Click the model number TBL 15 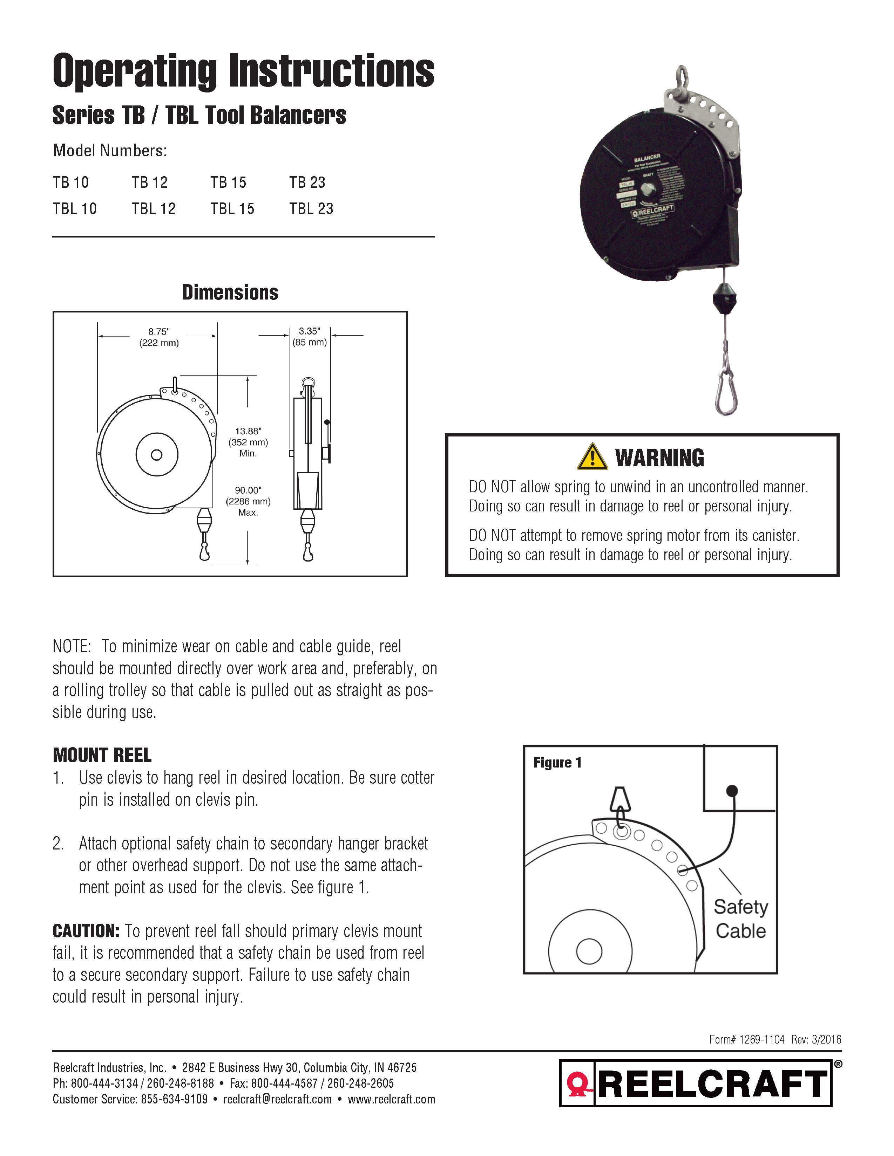click(x=232, y=208)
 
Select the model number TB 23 click(x=307, y=183)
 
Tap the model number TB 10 click(x=70, y=183)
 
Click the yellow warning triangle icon click(x=592, y=457)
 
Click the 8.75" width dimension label click(x=159, y=332)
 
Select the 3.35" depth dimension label click(x=309, y=331)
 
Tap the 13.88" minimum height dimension click(x=248, y=431)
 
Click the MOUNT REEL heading click(x=102, y=755)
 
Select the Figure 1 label click(x=557, y=763)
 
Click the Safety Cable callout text click(x=740, y=918)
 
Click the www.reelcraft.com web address click(x=391, y=1099)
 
